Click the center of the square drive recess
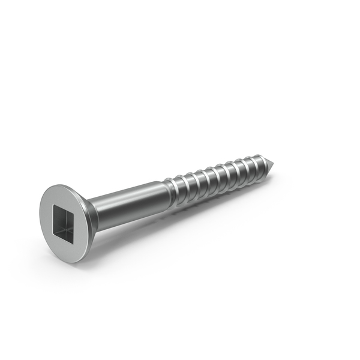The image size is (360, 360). coord(65,223)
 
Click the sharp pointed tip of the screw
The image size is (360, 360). coord(277,163)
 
